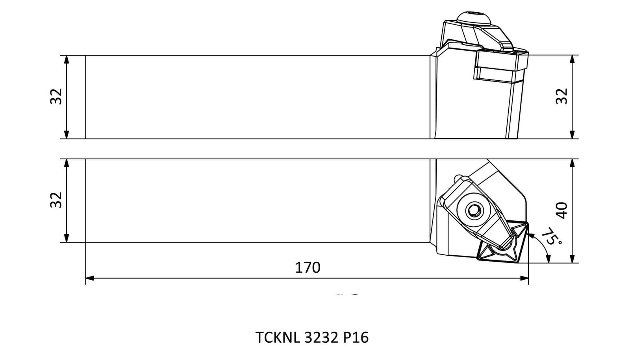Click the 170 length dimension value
(308, 268)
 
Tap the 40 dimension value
(561, 210)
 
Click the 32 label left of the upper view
(56, 96)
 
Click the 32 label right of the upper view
(561, 96)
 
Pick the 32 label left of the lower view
(56, 200)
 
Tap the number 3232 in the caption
(321, 337)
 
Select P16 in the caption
(356, 337)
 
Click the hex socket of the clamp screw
(473, 210)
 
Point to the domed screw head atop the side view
(474, 18)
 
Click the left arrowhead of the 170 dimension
(90, 278)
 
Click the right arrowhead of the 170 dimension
(524, 278)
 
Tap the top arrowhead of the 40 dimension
(572, 163)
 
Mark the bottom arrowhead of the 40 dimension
(572, 259)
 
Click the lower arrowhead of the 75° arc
(548, 259)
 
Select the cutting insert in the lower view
(503, 242)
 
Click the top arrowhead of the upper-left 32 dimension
(67, 59)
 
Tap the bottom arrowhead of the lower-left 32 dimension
(67, 238)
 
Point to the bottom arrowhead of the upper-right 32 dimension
(572, 135)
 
